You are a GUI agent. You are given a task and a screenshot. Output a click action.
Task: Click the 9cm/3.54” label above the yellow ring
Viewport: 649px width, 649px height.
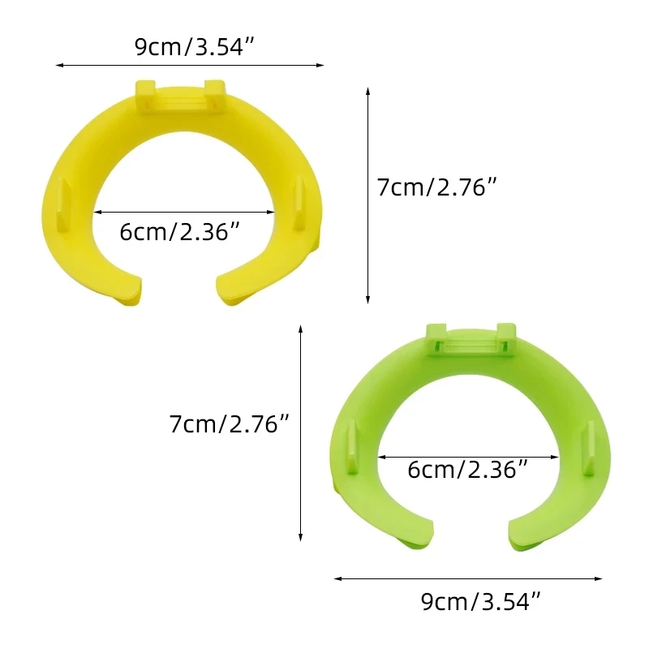tap(195, 47)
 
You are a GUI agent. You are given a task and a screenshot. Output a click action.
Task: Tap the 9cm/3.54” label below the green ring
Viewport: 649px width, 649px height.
tap(481, 602)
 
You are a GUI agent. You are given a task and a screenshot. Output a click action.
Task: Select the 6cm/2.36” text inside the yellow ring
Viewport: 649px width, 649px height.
tap(180, 231)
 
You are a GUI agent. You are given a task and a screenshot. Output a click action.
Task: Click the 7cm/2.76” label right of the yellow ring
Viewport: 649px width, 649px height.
tap(436, 187)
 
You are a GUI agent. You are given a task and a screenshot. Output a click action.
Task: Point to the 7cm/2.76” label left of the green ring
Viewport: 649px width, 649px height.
tap(230, 423)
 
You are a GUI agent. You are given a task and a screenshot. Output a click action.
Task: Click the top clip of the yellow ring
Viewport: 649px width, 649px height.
tap(180, 98)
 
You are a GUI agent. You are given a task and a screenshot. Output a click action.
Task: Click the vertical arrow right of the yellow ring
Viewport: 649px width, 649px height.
tap(367, 195)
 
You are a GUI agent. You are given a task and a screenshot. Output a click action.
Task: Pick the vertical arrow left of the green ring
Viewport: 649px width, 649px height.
tap(301, 432)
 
